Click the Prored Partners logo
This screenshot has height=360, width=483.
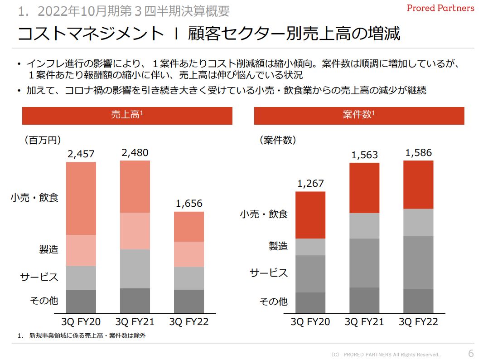[440, 8]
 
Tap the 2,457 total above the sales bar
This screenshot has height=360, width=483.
[82, 154]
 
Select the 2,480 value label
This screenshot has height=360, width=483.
[135, 153]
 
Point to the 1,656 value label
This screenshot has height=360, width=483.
[189, 204]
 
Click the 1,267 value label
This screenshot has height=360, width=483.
[310, 184]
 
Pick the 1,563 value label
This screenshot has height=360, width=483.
[364, 155]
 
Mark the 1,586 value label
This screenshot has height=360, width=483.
[418, 153]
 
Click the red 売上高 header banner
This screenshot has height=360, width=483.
[127, 116]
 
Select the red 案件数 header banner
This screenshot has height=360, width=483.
[359, 116]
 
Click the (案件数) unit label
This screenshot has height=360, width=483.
[278, 140]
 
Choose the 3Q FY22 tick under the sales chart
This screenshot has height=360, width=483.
[189, 322]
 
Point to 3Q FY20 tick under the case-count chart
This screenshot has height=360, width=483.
[310, 322]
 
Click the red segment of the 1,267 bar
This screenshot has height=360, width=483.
[310, 215]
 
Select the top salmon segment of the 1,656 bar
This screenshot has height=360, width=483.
[189, 227]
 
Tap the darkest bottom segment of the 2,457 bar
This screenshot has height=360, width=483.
[81, 302]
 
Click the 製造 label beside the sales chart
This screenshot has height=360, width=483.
[48, 249]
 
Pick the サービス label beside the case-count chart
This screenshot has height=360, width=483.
[269, 272]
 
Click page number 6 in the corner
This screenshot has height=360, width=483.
[471, 354]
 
